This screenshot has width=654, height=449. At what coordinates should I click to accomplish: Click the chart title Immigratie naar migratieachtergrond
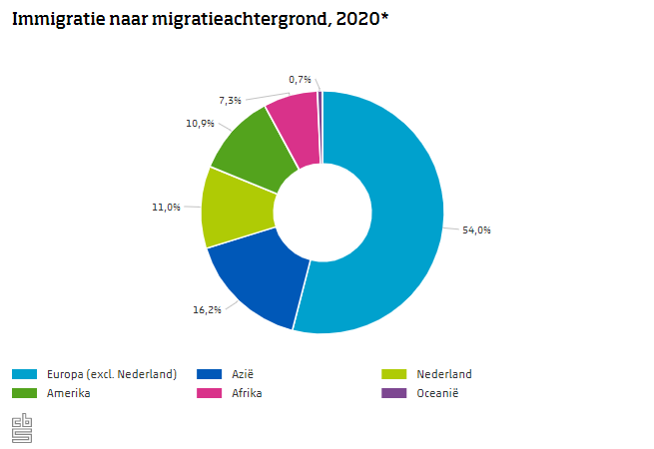click(200, 19)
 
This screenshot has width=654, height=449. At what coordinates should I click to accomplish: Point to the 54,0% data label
click(476, 229)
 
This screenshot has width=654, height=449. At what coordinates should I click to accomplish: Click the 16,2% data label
click(207, 309)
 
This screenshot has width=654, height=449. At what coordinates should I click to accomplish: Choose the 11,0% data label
click(166, 207)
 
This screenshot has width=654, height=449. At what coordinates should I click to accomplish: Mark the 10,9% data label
click(199, 123)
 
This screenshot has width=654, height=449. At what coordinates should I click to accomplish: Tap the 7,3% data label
click(230, 100)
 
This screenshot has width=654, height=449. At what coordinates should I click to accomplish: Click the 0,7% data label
click(300, 79)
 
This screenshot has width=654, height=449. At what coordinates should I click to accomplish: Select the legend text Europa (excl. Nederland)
click(112, 374)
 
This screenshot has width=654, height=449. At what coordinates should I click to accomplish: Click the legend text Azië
click(244, 374)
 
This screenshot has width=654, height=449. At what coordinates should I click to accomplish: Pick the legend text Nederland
click(444, 374)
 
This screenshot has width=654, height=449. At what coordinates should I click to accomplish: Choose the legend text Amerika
click(69, 392)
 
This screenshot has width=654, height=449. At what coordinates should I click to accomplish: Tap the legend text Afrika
click(247, 392)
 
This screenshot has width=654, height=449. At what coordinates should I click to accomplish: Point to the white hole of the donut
click(323, 212)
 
